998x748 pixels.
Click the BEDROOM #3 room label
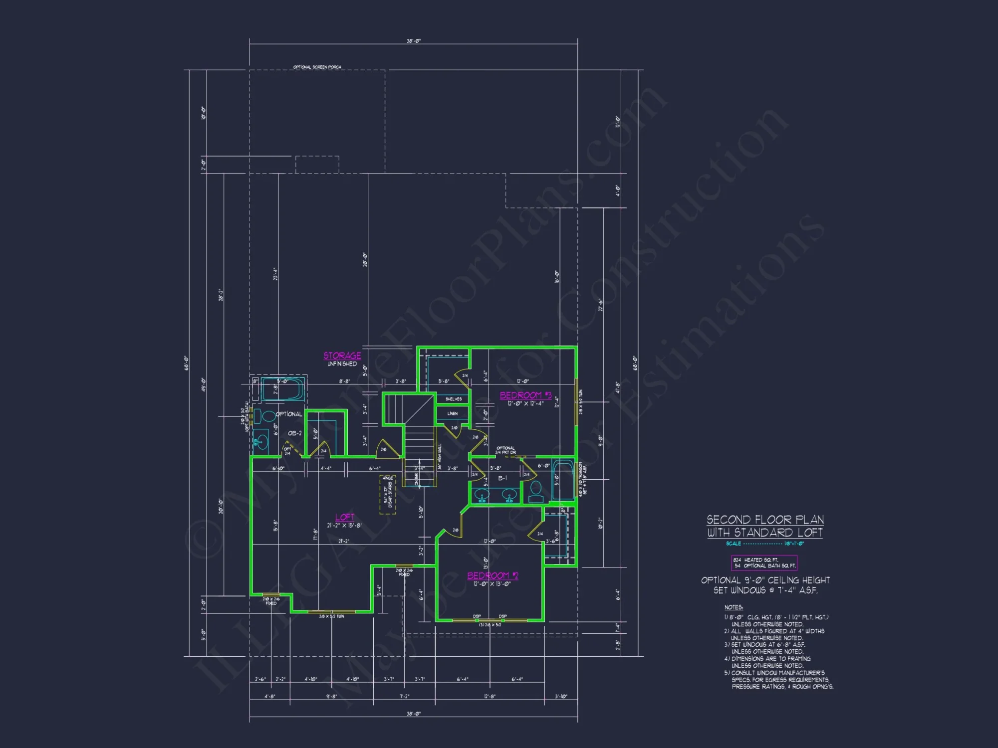(x=525, y=395)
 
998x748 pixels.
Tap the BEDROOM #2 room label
(x=493, y=575)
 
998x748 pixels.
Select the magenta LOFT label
(x=344, y=517)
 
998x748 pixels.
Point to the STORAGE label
(x=342, y=356)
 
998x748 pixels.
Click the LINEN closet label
(x=453, y=413)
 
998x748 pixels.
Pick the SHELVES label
(x=454, y=399)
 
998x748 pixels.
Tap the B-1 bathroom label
(x=502, y=478)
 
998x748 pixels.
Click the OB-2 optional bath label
(x=295, y=433)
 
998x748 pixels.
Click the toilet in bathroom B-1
(x=536, y=491)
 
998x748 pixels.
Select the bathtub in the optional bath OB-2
(x=283, y=389)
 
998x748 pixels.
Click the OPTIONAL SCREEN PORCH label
(x=317, y=67)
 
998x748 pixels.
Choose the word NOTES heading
(x=734, y=607)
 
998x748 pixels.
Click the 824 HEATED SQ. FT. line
(x=756, y=560)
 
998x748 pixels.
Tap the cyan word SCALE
(x=734, y=544)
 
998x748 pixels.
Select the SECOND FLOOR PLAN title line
(x=765, y=520)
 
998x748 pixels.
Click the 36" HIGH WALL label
(x=440, y=456)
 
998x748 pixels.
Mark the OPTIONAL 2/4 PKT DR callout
(x=506, y=450)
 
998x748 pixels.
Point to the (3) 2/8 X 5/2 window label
(x=490, y=625)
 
